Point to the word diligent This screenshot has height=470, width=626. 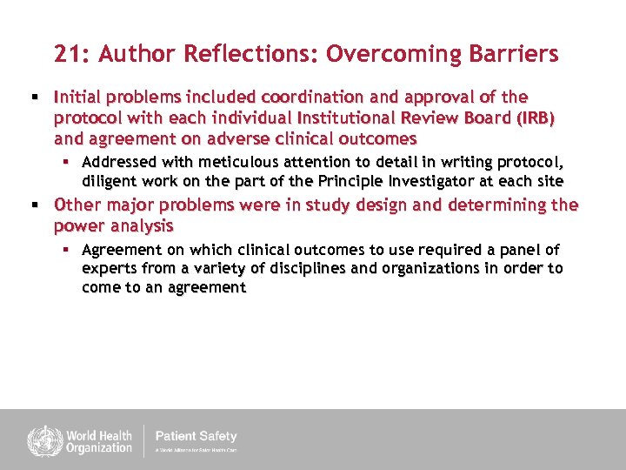(109, 181)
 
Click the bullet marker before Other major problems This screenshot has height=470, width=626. (35, 205)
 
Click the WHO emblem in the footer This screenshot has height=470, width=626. (39, 440)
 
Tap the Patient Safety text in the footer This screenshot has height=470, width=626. (196, 436)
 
